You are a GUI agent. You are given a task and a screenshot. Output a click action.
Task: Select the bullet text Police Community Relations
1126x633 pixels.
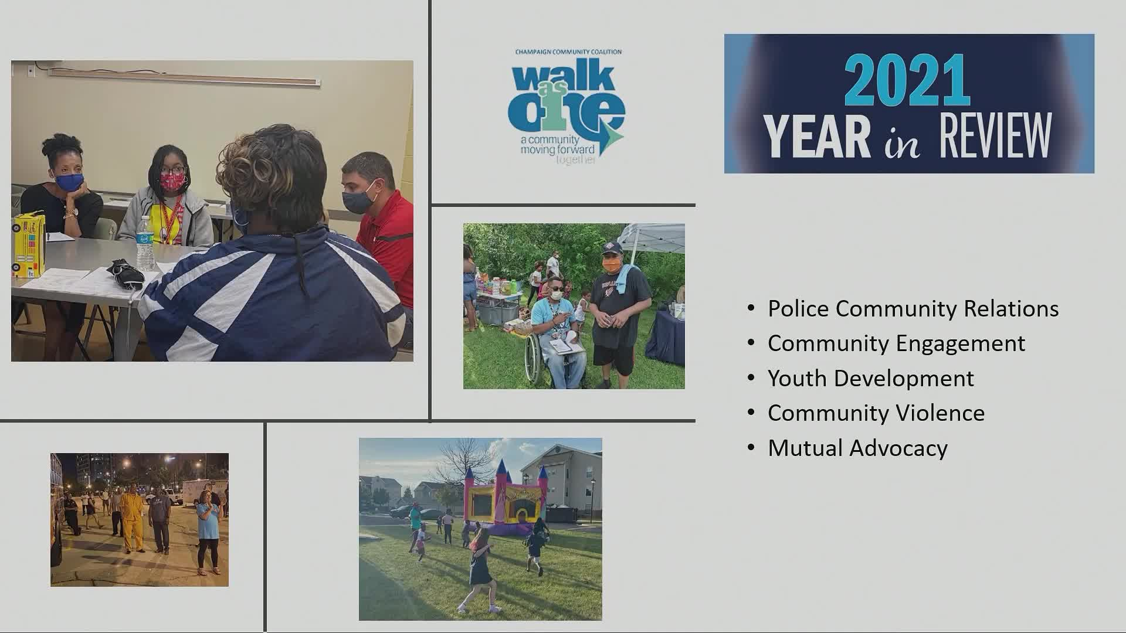913,309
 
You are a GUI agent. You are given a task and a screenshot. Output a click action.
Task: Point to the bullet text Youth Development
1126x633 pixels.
871,379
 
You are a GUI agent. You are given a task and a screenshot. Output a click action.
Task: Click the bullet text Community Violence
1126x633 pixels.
876,413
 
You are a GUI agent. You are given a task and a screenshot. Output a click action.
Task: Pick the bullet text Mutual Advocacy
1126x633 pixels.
857,448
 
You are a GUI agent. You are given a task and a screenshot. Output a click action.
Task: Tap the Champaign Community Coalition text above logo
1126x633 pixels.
568,52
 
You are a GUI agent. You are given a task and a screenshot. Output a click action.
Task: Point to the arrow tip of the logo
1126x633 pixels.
623,136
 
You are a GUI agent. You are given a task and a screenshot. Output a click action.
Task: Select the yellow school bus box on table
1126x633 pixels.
28,246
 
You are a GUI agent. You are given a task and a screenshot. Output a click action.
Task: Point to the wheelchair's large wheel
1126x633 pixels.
534,360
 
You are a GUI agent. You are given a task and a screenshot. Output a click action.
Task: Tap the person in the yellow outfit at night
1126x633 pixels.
131,519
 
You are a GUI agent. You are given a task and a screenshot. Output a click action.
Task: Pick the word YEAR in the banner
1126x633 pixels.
816,136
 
